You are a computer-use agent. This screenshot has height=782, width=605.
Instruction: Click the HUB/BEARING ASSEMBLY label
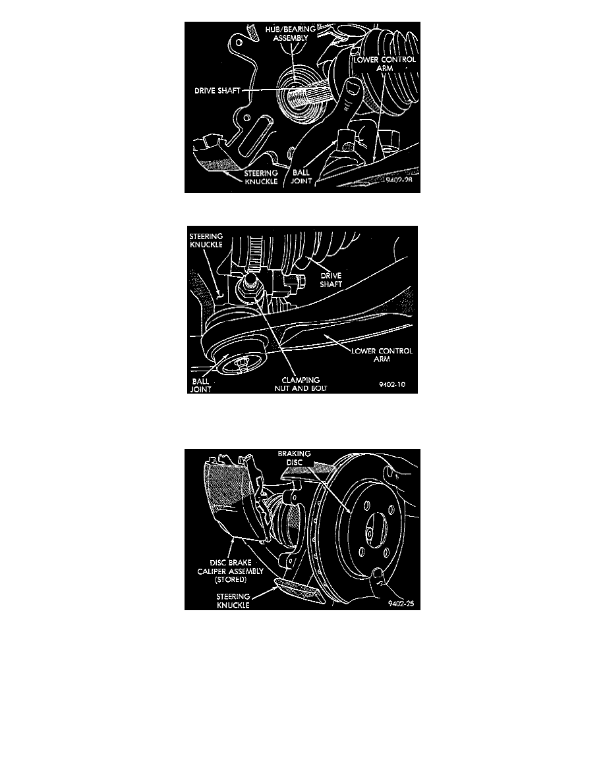[290, 34]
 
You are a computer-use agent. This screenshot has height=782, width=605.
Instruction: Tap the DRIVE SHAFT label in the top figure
[217, 91]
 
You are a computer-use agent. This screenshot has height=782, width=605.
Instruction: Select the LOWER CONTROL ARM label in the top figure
[384, 63]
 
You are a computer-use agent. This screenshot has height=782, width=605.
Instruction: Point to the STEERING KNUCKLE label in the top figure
[261, 177]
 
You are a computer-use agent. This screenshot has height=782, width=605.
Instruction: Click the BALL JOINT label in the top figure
[301, 176]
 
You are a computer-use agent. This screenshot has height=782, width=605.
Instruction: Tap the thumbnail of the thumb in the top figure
[353, 88]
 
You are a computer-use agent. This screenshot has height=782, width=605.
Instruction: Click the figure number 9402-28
[400, 180]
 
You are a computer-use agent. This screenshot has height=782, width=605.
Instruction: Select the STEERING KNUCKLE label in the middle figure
[206, 240]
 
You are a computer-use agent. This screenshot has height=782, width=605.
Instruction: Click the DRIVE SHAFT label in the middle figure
[331, 280]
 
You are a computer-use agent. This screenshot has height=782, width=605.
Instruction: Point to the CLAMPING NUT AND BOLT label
[301, 384]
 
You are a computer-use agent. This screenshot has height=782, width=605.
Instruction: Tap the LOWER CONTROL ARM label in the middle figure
[382, 355]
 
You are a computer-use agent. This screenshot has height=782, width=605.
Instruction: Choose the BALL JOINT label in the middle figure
[200, 385]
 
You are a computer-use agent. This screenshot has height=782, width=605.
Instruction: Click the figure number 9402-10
[392, 384]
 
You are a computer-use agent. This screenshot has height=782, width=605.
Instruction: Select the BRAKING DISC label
[294, 458]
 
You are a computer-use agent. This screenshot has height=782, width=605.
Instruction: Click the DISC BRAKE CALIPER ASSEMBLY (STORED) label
[230, 571]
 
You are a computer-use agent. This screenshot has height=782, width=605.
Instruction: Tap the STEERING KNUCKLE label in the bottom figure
[233, 600]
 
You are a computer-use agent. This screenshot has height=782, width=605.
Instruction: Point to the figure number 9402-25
[401, 604]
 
